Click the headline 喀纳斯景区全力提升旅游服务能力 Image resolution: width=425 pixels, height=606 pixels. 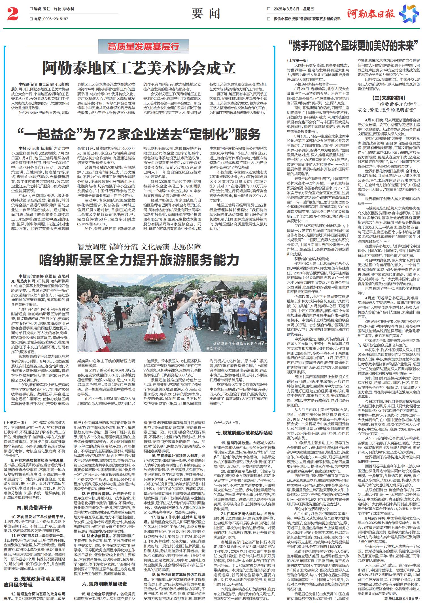(139, 259)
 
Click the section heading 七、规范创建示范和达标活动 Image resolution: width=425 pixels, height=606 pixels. (244, 433)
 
